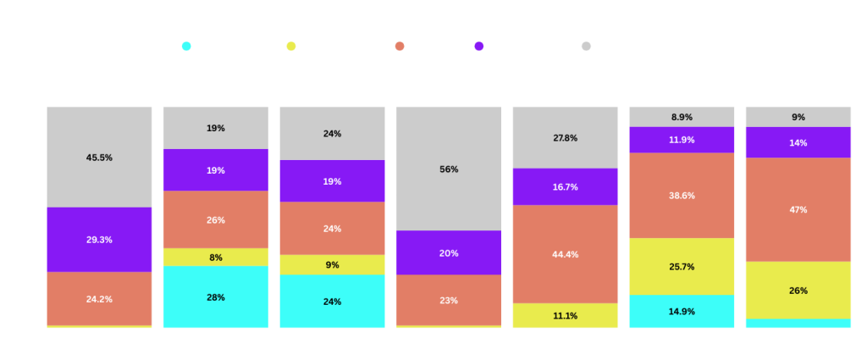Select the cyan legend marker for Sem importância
pyautogui.click(x=186, y=46)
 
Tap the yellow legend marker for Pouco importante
pyautogui.click(x=292, y=46)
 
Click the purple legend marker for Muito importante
pyautogui.click(x=479, y=46)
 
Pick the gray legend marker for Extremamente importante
pyautogui.click(x=585, y=46)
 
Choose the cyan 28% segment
pyautogui.click(x=215, y=296)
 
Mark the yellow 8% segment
pyautogui.click(x=215, y=257)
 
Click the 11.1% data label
pyautogui.click(x=565, y=316)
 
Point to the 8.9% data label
pyautogui.click(x=682, y=117)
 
